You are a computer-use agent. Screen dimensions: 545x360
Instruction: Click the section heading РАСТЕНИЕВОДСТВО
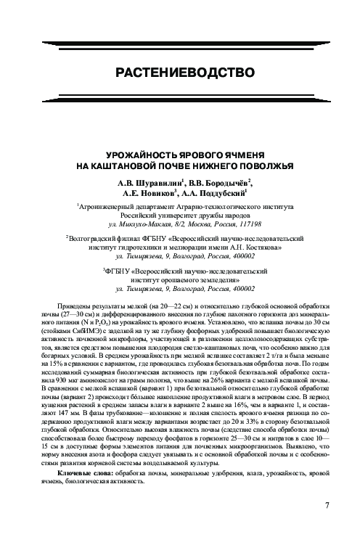pyautogui.click(x=180, y=73)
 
